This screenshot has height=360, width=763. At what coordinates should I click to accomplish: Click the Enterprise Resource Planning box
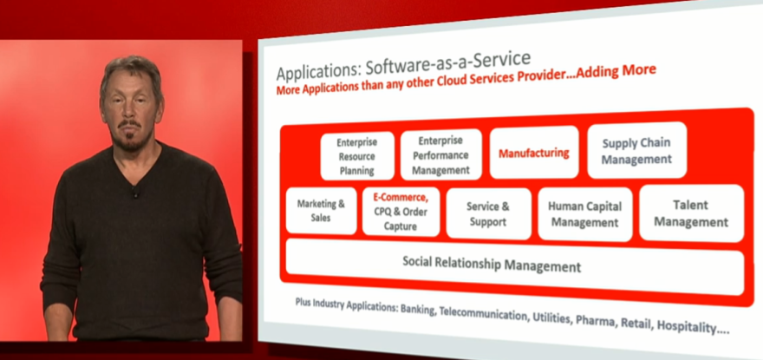point(357,156)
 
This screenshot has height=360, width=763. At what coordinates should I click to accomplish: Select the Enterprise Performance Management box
point(440,154)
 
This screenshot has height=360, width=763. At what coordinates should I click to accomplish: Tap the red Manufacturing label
point(534,153)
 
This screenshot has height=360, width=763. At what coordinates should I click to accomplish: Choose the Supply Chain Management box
point(637,151)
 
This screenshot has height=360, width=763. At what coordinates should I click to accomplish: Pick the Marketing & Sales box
point(321,211)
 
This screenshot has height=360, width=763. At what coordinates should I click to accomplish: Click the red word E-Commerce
point(401,198)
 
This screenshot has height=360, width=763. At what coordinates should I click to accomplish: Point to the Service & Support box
point(488,213)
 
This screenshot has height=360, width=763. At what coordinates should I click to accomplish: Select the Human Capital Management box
point(585,214)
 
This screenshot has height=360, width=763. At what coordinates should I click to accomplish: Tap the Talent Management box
point(692,213)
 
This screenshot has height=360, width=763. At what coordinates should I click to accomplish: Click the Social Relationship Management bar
point(515,266)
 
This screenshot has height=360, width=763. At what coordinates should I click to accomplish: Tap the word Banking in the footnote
point(417,310)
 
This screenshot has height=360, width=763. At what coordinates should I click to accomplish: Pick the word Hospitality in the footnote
point(696,327)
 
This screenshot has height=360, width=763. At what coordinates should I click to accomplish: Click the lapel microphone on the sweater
point(134,193)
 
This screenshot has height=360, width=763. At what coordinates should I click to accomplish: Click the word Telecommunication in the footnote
point(483,314)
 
